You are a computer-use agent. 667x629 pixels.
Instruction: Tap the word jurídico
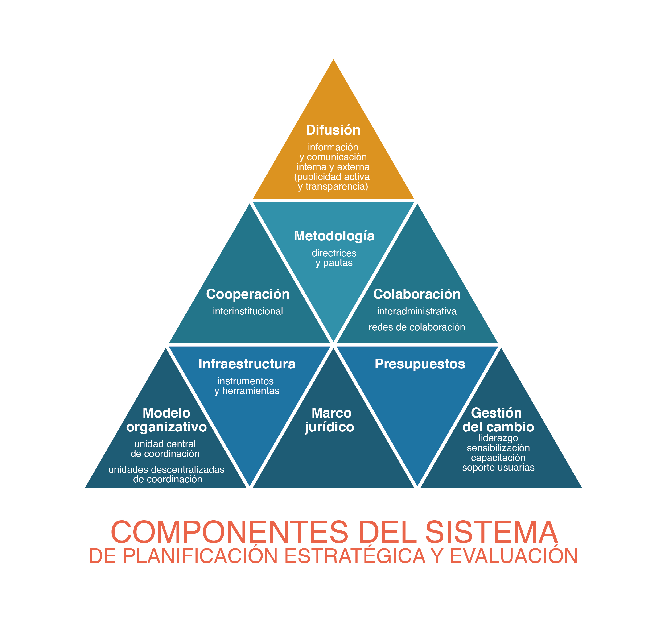(x=329, y=427)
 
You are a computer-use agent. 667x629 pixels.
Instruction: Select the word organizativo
(x=166, y=427)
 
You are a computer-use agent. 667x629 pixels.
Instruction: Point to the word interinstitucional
(x=248, y=311)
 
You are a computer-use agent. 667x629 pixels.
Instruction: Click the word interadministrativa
(x=417, y=311)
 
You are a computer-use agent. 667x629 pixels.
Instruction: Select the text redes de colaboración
(x=417, y=327)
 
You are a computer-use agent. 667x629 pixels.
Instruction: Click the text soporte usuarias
(x=498, y=467)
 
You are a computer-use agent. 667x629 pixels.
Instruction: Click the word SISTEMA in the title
(x=491, y=532)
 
